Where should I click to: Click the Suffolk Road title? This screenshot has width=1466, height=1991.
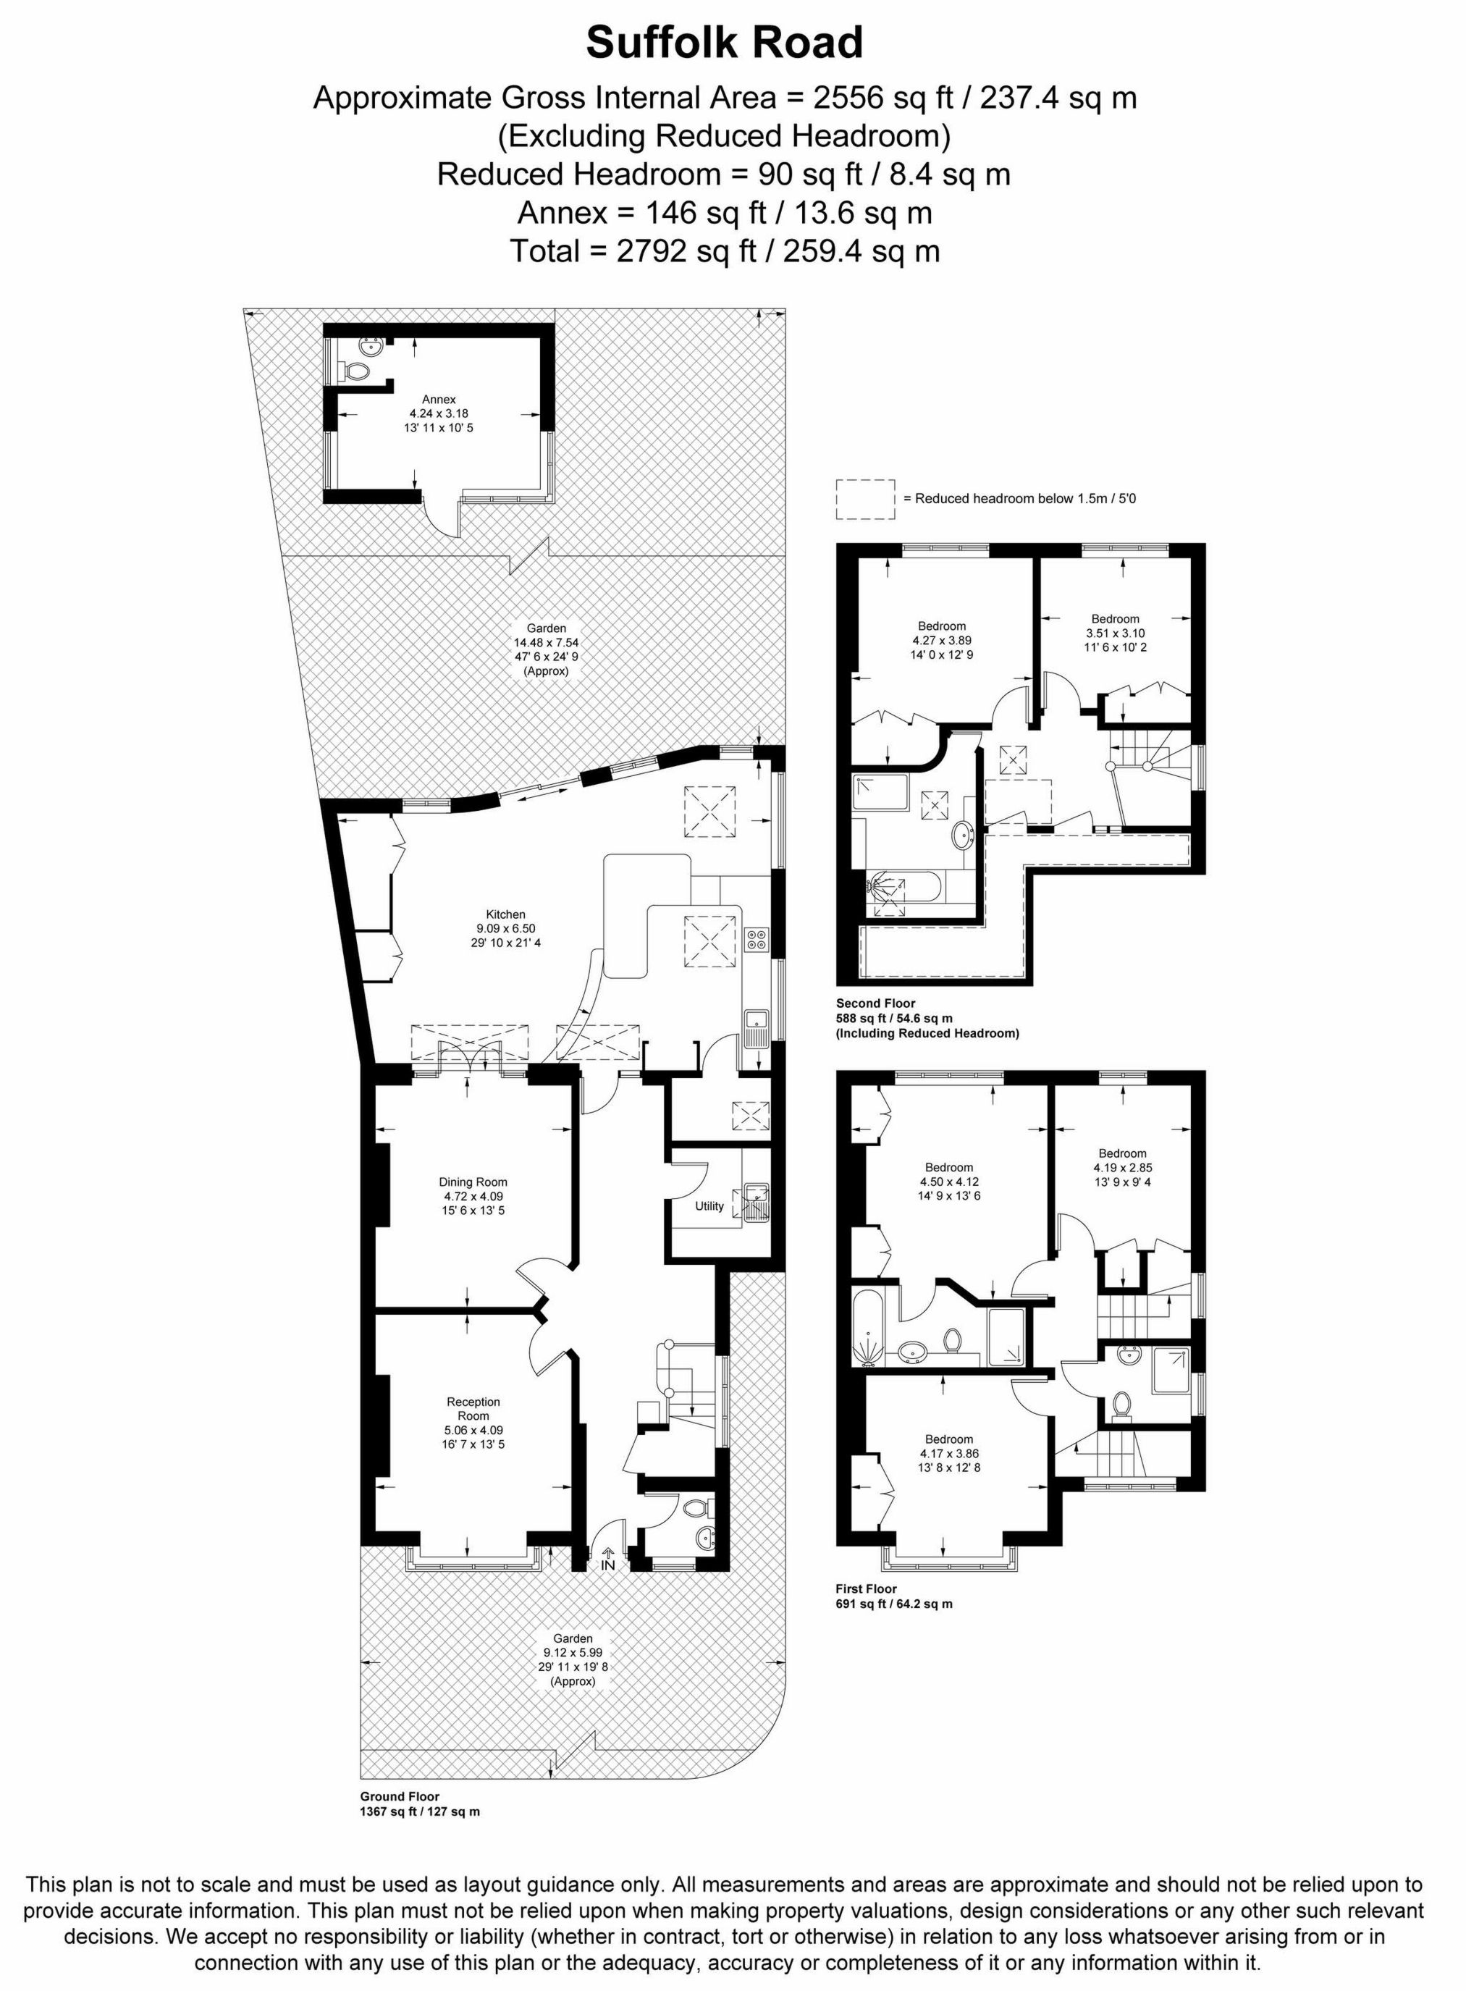[x=724, y=43]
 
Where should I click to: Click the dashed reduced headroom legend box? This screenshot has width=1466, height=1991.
[x=864, y=499]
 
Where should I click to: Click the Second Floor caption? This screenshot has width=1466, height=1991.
[x=875, y=1003]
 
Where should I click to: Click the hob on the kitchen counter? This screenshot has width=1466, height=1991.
[x=757, y=939]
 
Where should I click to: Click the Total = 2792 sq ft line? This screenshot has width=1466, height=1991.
[x=724, y=251]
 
